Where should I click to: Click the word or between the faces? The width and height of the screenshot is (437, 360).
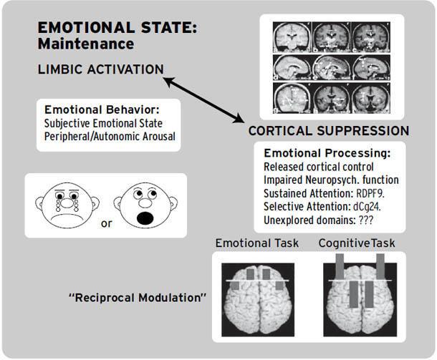(106, 223)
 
